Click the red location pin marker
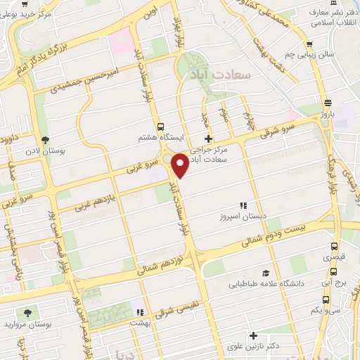point(180,165)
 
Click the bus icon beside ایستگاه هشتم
point(162,127)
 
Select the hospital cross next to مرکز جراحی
point(207,139)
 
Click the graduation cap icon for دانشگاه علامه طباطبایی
point(266,274)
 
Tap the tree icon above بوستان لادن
point(46,140)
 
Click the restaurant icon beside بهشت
point(140,311)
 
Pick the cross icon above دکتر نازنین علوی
point(254,336)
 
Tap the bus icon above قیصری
point(334,247)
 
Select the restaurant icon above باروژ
point(328,102)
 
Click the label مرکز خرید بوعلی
point(35,15)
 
